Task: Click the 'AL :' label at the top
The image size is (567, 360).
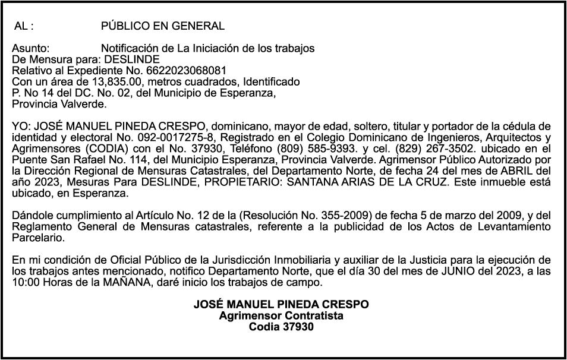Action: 24,26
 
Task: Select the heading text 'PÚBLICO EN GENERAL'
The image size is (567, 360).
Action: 162,26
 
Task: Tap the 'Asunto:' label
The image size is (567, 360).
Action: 30,48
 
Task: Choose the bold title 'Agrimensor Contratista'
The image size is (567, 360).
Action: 281,315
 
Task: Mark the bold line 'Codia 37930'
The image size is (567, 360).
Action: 281,327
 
